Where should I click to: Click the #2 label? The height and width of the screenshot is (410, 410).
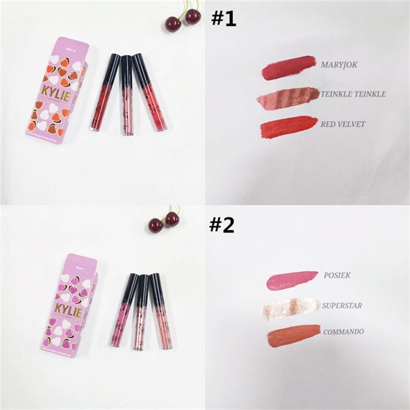pos(221,225)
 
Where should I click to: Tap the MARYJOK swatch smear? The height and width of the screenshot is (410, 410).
pos(288,68)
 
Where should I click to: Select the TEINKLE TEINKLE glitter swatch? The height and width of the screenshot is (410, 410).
pos(287,96)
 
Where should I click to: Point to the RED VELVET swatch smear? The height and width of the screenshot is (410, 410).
pos(288,127)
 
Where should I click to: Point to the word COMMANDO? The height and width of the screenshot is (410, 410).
pos(344,331)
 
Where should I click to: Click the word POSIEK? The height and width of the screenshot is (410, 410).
pos(337,275)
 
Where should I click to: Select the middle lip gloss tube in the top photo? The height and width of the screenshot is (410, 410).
pos(127,94)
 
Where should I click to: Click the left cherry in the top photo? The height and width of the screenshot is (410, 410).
pos(174,24)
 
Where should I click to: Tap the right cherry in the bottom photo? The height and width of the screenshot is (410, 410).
pos(172,219)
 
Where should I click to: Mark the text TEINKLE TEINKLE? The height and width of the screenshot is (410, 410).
pos(354,94)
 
